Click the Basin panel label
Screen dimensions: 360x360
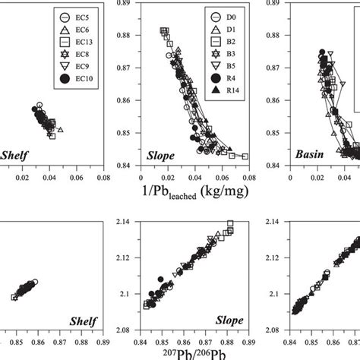(x=311, y=156)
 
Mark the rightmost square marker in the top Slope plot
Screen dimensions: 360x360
(x=245, y=156)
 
